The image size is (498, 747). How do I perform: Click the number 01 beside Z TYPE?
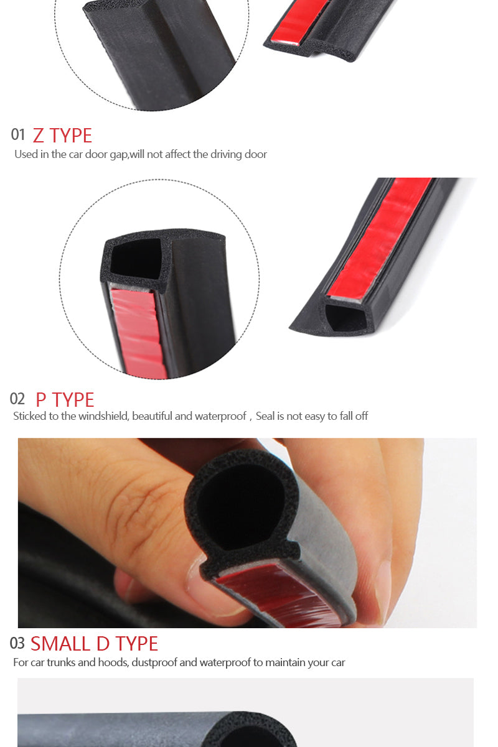point(17,135)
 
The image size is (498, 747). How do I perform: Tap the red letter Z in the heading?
point(38,136)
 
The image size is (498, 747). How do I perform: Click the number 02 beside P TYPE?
point(17,399)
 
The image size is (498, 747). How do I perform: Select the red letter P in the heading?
point(40,400)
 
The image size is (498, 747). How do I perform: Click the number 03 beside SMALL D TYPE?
point(17,643)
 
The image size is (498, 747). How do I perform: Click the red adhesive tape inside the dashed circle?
point(139,333)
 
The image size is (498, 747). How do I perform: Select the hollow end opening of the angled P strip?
point(345,317)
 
